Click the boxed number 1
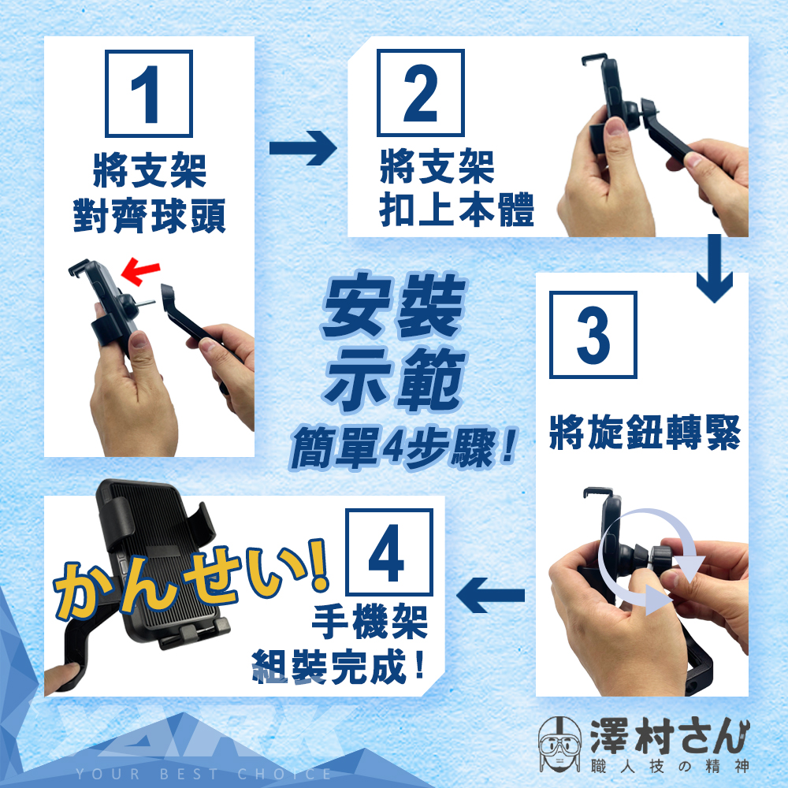click(x=149, y=94)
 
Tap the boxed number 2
click(x=421, y=93)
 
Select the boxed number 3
click(x=593, y=335)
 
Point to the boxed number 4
click(x=389, y=552)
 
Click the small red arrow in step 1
click(x=140, y=271)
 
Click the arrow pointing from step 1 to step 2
click(x=303, y=148)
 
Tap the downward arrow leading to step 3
click(x=715, y=269)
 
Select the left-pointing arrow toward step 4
click(x=490, y=596)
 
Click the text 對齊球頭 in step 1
click(x=149, y=216)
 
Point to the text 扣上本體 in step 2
click(x=456, y=210)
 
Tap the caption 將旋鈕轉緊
click(x=645, y=432)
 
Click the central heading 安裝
click(x=393, y=306)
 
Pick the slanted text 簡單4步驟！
click(x=403, y=448)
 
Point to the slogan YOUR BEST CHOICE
click(x=203, y=774)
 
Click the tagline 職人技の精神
click(x=671, y=767)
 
